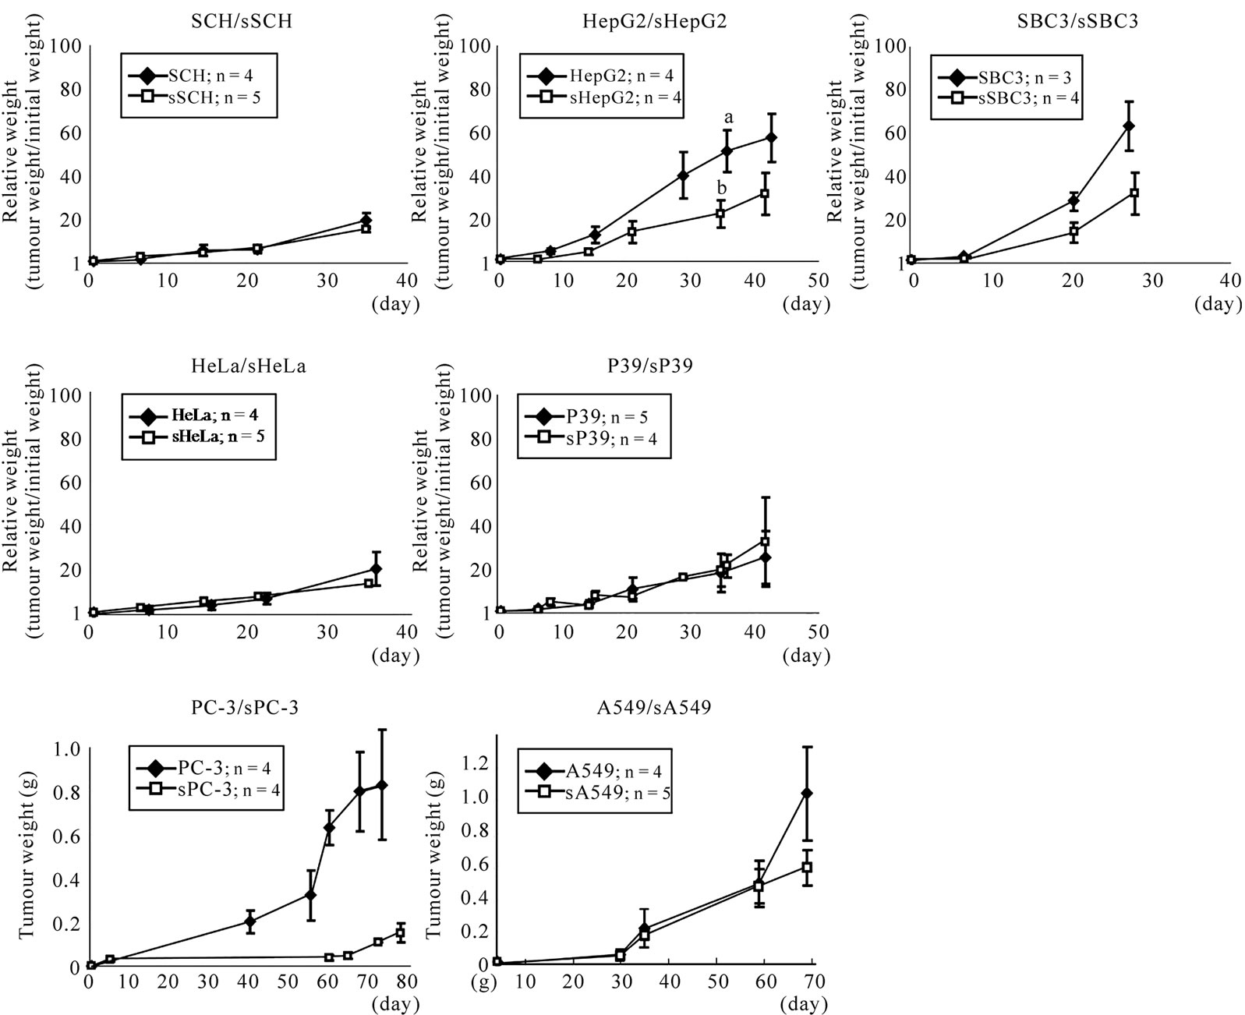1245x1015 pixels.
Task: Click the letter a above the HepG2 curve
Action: (x=729, y=118)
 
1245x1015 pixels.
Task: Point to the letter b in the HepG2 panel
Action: (x=722, y=188)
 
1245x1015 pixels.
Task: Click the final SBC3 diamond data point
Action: (x=1127, y=126)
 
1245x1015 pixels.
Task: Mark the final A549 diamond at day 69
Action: (x=807, y=794)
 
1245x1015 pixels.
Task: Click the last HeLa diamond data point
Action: (x=376, y=569)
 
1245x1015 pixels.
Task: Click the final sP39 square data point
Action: (x=765, y=542)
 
